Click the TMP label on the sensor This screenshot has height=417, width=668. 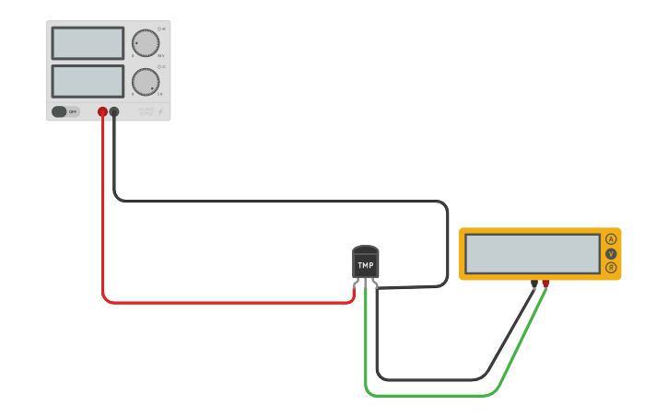pos(366,265)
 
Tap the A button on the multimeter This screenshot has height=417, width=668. pos(611,239)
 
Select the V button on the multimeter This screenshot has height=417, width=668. pos(611,253)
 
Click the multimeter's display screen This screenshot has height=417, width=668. pos(533,253)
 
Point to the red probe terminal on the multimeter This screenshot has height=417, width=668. pos(545,284)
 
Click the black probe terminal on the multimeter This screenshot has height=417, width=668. pos(534,284)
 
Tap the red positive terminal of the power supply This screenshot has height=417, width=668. pos(102,111)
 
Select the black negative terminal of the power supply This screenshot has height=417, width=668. pos(114,111)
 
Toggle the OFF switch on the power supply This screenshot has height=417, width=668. pos(64,111)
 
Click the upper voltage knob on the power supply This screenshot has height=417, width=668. pos(145,42)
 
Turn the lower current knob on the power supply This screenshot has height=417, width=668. pos(145,82)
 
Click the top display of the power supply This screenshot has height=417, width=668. pos(88,43)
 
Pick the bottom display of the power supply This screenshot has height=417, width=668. pos(88,81)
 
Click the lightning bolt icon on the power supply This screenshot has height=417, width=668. pos(159,111)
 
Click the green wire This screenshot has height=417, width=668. pos(433,396)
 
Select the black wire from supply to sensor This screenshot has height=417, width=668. pos(276,200)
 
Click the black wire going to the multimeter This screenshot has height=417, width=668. pos(433,378)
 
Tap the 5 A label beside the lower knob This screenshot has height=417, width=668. pos(159,94)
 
